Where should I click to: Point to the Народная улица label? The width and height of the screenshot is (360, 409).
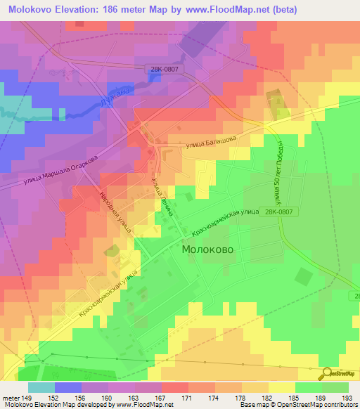(114, 212)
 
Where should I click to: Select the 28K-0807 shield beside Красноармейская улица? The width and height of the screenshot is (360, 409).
(279, 209)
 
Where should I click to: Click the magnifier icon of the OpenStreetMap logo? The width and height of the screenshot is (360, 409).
(327, 373)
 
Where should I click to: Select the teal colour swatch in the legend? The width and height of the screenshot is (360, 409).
(41, 387)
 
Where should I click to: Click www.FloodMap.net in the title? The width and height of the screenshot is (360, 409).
(229, 10)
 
